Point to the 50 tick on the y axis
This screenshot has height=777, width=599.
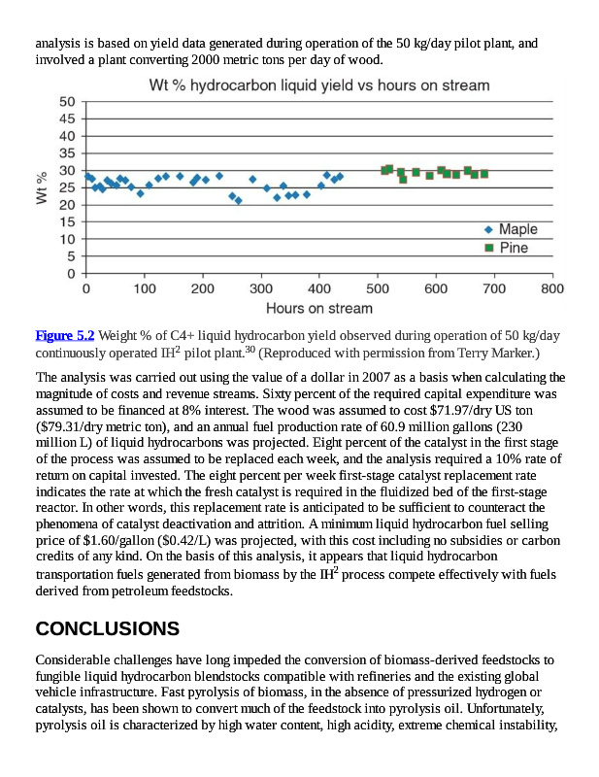click(x=67, y=102)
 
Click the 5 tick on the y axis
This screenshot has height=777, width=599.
click(x=71, y=256)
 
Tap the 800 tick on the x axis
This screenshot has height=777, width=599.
click(x=552, y=289)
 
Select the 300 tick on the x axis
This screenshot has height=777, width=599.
click(x=261, y=289)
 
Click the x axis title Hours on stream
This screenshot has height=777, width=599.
click(x=318, y=309)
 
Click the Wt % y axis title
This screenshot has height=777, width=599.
click(x=42, y=187)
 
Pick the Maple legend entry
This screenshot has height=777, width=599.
click(x=517, y=229)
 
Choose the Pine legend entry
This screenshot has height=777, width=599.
click(x=513, y=248)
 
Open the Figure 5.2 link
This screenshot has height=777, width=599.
click(x=64, y=335)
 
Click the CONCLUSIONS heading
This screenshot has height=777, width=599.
click(x=107, y=628)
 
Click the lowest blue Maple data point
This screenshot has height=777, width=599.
click(x=239, y=201)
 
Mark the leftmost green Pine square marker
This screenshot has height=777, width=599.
click(x=384, y=170)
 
